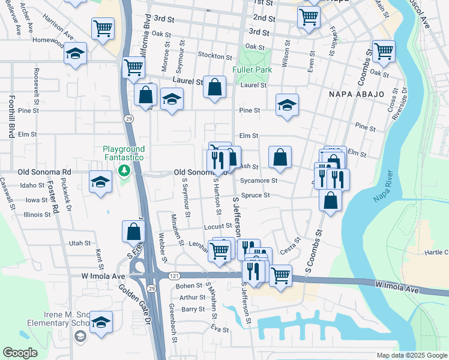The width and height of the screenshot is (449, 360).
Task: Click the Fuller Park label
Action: tap(252, 70)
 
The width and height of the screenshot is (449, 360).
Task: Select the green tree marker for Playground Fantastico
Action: tap(124, 170)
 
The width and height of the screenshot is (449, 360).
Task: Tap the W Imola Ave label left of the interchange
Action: tap(103, 276)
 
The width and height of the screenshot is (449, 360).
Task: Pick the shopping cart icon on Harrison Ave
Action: tap(103, 28)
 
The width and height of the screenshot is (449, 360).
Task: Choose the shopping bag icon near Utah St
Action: tap(133, 231)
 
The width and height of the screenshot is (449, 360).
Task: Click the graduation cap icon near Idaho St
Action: tap(100, 182)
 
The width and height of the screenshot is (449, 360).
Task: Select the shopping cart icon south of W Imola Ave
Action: tap(280, 275)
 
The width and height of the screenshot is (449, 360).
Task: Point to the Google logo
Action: tap(20, 353)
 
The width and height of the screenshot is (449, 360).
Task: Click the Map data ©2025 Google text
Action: tap(411, 355)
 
